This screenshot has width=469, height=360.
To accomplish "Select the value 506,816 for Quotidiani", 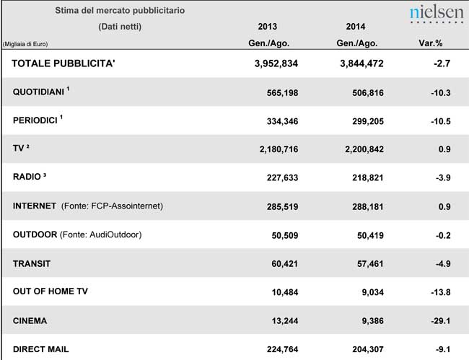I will [x=361, y=92].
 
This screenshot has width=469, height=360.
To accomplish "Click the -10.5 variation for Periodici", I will [x=438, y=120].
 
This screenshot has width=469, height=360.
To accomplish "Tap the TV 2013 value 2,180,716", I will [x=273, y=149].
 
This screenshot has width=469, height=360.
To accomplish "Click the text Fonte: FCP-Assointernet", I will [x=112, y=206].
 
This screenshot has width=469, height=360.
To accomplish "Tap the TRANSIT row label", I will [x=32, y=263].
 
